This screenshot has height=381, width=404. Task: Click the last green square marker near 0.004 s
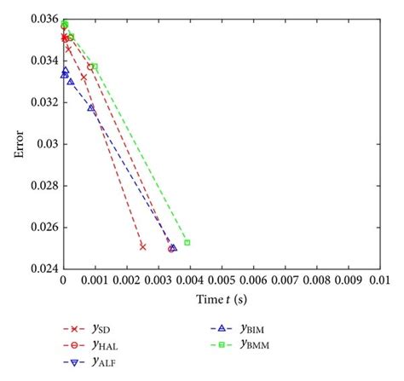point(187,243)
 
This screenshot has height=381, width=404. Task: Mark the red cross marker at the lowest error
point(142,247)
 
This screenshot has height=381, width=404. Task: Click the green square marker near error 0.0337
point(95,66)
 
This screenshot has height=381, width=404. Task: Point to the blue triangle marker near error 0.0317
point(91,107)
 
